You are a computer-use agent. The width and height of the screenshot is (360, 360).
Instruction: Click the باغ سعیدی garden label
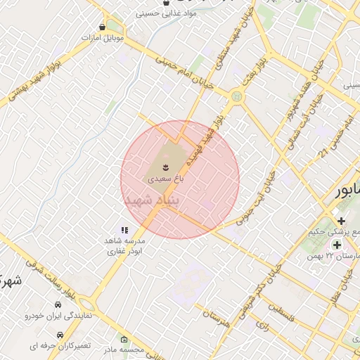(x=165, y=179)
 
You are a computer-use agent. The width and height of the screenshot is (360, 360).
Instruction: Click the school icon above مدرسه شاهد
(x=124, y=230)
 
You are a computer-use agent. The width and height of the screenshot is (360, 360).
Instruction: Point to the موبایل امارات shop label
(x=103, y=37)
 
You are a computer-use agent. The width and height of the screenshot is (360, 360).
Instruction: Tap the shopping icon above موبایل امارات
(x=103, y=27)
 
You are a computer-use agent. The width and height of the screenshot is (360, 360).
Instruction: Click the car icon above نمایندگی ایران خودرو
(x=58, y=306)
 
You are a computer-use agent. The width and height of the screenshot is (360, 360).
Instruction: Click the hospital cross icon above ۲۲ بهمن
(x=337, y=245)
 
